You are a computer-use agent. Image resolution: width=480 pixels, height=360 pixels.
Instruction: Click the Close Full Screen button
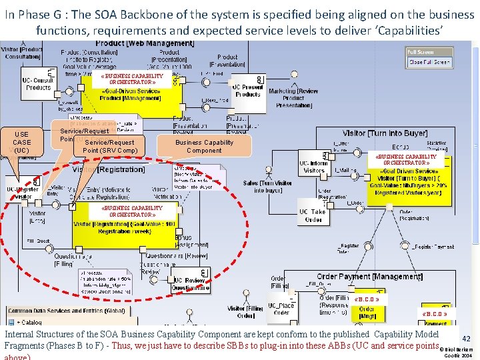click(x=429, y=62)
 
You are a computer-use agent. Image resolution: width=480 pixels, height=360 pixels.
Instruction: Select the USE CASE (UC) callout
click(x=21, y=142)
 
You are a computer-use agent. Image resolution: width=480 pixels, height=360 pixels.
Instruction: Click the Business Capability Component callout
click(x=204, y=146)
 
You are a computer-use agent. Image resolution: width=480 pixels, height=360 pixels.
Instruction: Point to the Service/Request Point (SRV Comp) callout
click(x=109, y=146)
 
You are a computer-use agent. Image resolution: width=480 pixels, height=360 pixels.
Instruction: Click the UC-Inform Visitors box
click(x=314, y=167)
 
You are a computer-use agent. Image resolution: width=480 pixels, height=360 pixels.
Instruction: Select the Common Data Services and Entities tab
click(x=67, y=311)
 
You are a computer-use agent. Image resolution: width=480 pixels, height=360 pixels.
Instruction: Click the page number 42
click(x=466, y=339)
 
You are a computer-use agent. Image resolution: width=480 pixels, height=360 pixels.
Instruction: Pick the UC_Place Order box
click(x=281, y=308)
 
